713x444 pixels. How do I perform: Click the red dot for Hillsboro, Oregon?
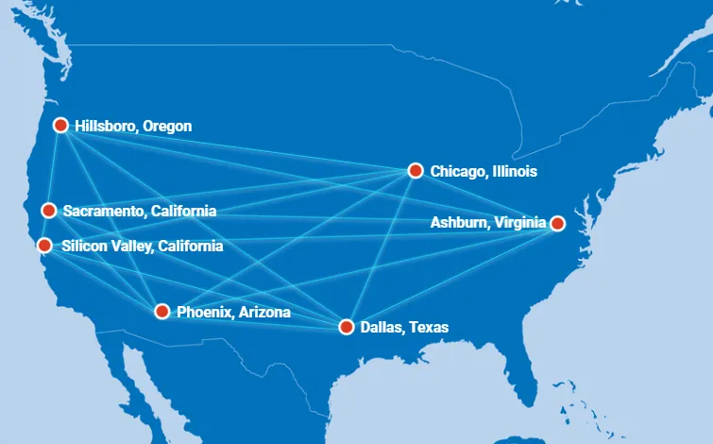point(60,125)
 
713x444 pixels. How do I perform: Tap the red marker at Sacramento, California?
point(49,211)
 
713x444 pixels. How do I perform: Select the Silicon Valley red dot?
point(44,246)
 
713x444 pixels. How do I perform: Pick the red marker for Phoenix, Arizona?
point(161,311)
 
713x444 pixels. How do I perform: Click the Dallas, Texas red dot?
point(346,327)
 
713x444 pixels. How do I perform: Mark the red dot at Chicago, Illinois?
point(415,170)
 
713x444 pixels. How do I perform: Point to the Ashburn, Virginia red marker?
point(557,223)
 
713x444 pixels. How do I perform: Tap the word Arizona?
point(263,312)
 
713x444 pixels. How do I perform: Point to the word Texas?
point(429,328)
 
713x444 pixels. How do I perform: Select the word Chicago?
point(457,171)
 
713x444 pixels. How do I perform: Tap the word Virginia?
point(519,224)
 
